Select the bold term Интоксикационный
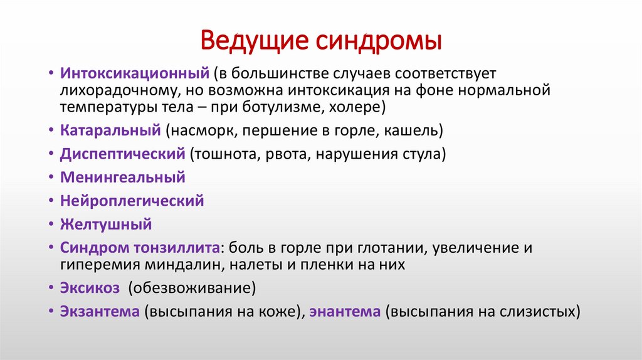pyautogui.click(x=134, y=75)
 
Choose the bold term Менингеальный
pyautogui.click(x=122, y=177)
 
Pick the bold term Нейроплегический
pyautogui.click(x=132, y=201)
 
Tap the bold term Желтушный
pyautogui.click(x=106, y=224)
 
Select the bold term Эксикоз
pyautogui.click(x=90, y=288)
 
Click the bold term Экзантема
pyautogui.click(x=100, y=312)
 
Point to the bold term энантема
pyautogui.click(x=345, y=312)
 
